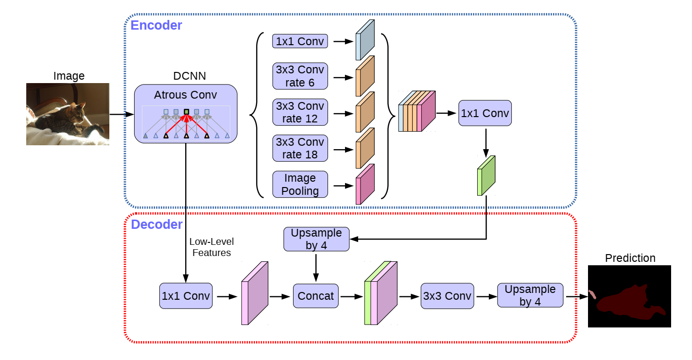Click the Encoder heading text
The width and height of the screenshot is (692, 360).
click(156, 25)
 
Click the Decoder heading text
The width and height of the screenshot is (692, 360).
click(156, 224)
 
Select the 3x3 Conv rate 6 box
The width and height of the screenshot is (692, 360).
click(300, 76)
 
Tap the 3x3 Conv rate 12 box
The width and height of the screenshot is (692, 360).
click(300, 112)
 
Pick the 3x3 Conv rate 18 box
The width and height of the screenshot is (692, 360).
click(300, 148)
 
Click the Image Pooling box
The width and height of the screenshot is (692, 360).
click(300, 184)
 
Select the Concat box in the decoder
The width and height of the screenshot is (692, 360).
click(316, 296)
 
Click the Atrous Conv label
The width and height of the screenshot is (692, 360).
click(186, 95)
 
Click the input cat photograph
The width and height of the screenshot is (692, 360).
click(68, 114)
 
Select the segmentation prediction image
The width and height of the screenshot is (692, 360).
click(629, 296)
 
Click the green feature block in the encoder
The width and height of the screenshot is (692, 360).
click(486, 176)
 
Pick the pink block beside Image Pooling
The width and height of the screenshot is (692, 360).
click(365, 184)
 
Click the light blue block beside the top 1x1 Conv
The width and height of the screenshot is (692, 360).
click(365, 40)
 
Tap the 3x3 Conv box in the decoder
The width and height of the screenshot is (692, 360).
click(447, 296)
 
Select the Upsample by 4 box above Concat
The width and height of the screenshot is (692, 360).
click(316, 239)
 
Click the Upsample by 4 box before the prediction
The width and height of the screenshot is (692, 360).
click(530, 295)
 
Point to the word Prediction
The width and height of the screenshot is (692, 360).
click(630, 258)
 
